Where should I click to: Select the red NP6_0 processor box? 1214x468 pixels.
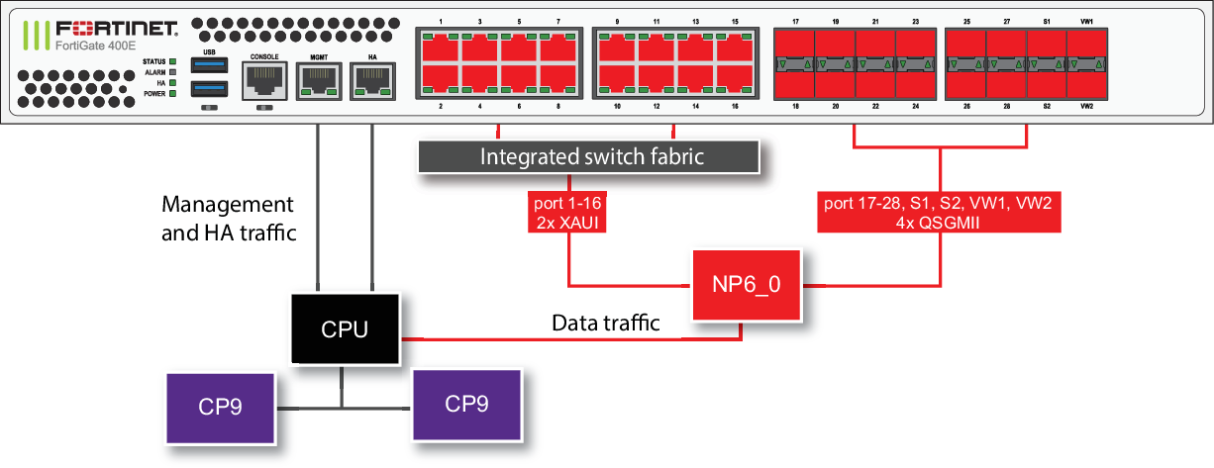point(746,285)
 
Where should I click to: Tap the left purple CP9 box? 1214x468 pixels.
point(219,407)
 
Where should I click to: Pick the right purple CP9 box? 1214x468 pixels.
point(466,404)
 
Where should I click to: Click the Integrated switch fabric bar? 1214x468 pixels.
point(592,157)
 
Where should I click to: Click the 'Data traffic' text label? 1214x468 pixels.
point(605,324)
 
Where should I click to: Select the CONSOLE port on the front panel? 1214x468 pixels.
point(263,81)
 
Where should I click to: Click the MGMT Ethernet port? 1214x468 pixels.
point(318,83)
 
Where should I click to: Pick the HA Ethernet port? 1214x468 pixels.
point(372,83)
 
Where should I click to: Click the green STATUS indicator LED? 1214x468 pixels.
point(172,62)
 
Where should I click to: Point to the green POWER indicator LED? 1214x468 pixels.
point(172,94)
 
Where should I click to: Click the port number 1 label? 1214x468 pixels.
point(440,21)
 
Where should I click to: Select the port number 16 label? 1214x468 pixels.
point(734,105)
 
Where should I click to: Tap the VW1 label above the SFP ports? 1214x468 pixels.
point(1086,21)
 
